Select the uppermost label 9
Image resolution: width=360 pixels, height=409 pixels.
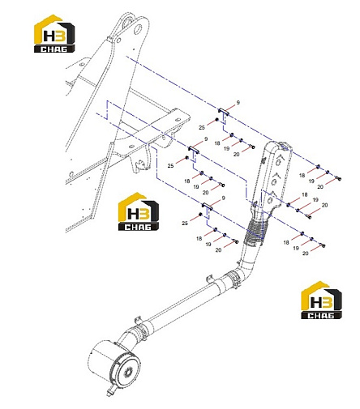pyautogui.click(x=238, y=103)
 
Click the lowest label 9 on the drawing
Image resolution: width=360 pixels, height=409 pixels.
pyautogui.click(x=223, y=198)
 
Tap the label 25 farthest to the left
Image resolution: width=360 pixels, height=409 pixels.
pyautogui.click(x=170, y=165)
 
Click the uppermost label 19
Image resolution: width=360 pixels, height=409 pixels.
pyautogui.click(x=226, y=148)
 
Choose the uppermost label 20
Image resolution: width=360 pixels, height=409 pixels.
pyautogui.click(x=236, y=155)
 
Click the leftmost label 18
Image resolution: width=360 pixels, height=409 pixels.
pyautogui.click(x=187, y=181)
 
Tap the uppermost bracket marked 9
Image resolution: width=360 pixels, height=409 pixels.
pyautogui.click(x=223, y=111)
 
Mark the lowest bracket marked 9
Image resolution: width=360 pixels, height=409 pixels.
pyautogui.click(x=208, y=206)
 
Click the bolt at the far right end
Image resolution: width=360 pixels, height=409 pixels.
pyautogui.click(x=338, y=178)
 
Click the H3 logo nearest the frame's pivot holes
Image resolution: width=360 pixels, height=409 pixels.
pyautogui.click(x=54, y=33)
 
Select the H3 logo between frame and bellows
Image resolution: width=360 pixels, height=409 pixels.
pyautogui.click(x=139, y=211)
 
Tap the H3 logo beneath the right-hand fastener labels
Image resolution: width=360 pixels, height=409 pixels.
pyautogui.click(x=321, y=300)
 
